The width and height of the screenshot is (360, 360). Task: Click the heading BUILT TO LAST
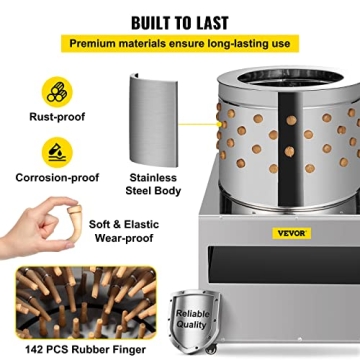coord(180,20)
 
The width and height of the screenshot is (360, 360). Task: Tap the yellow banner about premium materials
coord(180,44)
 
